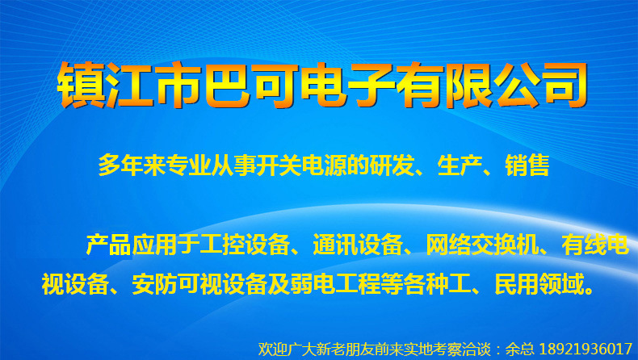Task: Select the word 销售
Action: point(528,165)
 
